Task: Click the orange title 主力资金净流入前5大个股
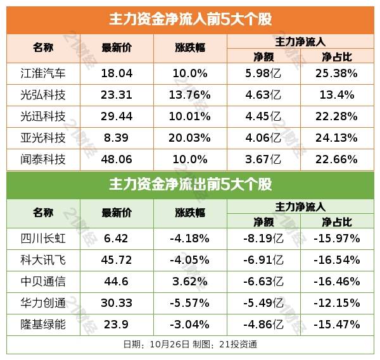point(190,18)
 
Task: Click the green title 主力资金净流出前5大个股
point(190,185)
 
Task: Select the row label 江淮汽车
point(43,73)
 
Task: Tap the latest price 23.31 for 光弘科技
point(117,95)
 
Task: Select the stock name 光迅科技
point(43,116)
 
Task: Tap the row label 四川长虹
point(43,239)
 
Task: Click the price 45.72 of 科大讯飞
point(117,260)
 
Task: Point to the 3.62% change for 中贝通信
point(190,282)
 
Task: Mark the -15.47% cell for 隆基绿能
point(336,325)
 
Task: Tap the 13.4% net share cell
point(336,95)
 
